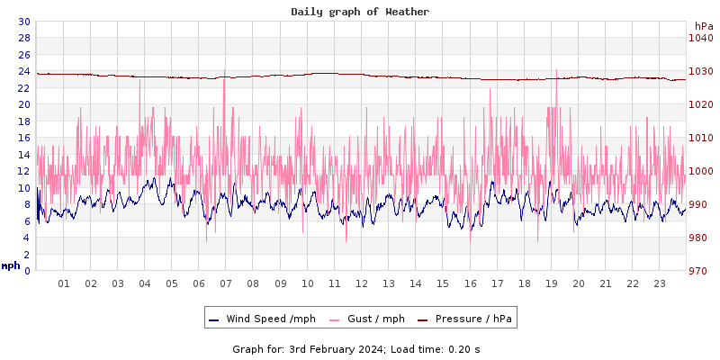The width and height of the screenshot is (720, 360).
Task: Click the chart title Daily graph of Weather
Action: (360, 12)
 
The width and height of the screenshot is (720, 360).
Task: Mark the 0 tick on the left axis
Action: (27, 271)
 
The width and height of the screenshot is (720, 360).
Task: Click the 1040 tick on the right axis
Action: (700, 38)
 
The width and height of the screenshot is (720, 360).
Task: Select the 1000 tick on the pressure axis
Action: (700, 171)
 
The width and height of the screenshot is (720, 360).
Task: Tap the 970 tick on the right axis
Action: (700, 271)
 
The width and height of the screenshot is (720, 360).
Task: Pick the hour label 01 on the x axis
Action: (64, 283)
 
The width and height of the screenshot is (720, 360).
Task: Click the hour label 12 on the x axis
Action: (362, 283)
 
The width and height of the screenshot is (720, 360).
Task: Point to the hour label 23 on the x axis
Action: (660, 283)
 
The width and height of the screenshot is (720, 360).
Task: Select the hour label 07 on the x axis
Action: (226, 283)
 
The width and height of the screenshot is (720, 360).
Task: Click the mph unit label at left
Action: (11, 265)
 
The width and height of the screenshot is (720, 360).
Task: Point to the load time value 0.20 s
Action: (465, 349)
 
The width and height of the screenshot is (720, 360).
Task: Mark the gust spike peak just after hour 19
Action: (556, 71)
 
